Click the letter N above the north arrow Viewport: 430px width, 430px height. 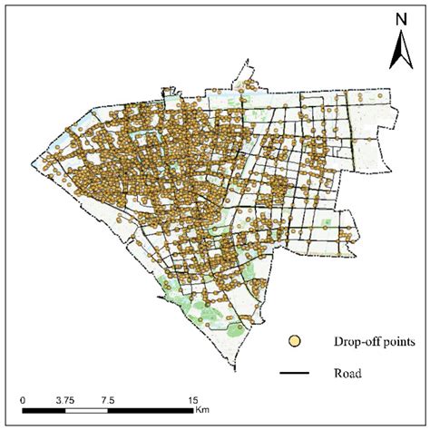[399, 19]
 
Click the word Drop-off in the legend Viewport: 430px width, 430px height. [335, 342]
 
